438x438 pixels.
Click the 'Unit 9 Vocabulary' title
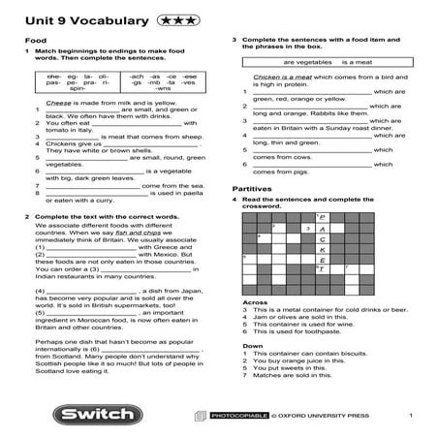[69, 19]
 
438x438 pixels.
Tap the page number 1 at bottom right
[411, 416]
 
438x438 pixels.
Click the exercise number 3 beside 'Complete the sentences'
[235, 40]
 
